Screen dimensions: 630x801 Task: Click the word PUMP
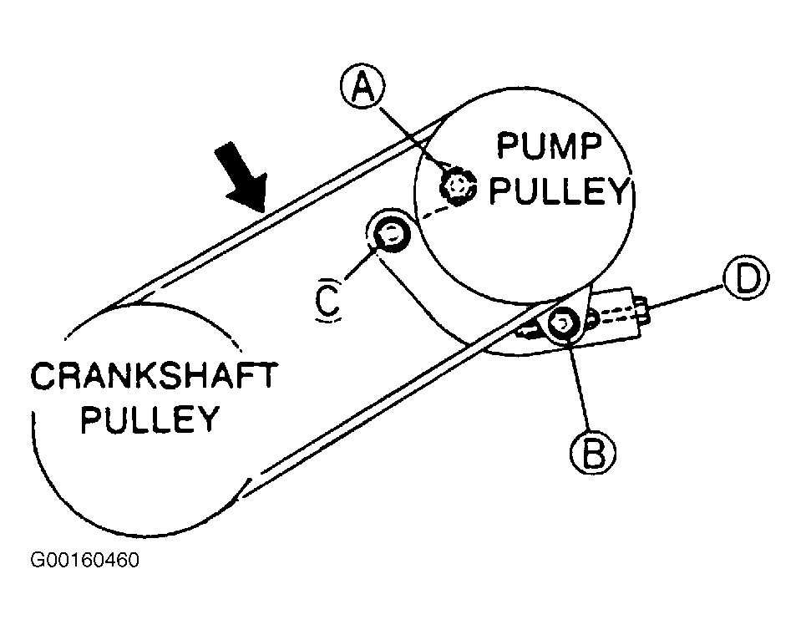(549, 147)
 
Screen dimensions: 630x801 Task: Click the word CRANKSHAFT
(153, 377)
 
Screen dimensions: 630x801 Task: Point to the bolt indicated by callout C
(390, 235)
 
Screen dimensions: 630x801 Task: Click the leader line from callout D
(689, 296)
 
